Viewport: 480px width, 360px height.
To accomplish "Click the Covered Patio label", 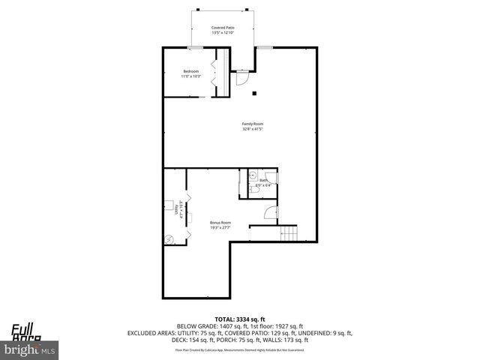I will click(222, 27).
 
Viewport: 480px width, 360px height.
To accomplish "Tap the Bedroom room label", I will click(190, 71).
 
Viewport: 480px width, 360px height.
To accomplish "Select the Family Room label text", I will click(252, 124).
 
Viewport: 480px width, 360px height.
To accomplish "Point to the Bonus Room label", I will click(220, 223).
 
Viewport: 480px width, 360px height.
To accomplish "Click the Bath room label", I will click(263, 181).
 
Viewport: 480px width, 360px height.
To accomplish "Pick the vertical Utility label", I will click(175, 209).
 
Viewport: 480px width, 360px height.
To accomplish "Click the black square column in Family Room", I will click(256, 93).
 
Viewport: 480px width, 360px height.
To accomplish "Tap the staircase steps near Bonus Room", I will click(289, 233).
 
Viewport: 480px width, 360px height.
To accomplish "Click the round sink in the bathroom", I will click(253, 175).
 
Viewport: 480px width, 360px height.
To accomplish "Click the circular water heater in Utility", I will click(170, 239).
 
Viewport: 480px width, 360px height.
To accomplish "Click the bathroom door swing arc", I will click(272, 178).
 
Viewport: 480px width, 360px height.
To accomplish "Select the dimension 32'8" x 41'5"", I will click(252, 130).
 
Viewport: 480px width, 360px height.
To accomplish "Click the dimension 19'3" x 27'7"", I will click(220, 228).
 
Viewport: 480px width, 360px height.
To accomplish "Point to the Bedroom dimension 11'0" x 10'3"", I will click(190, 76).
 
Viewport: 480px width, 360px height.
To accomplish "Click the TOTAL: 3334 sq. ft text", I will click(240, 319).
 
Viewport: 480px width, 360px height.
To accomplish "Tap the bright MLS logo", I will click(29, 349).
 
